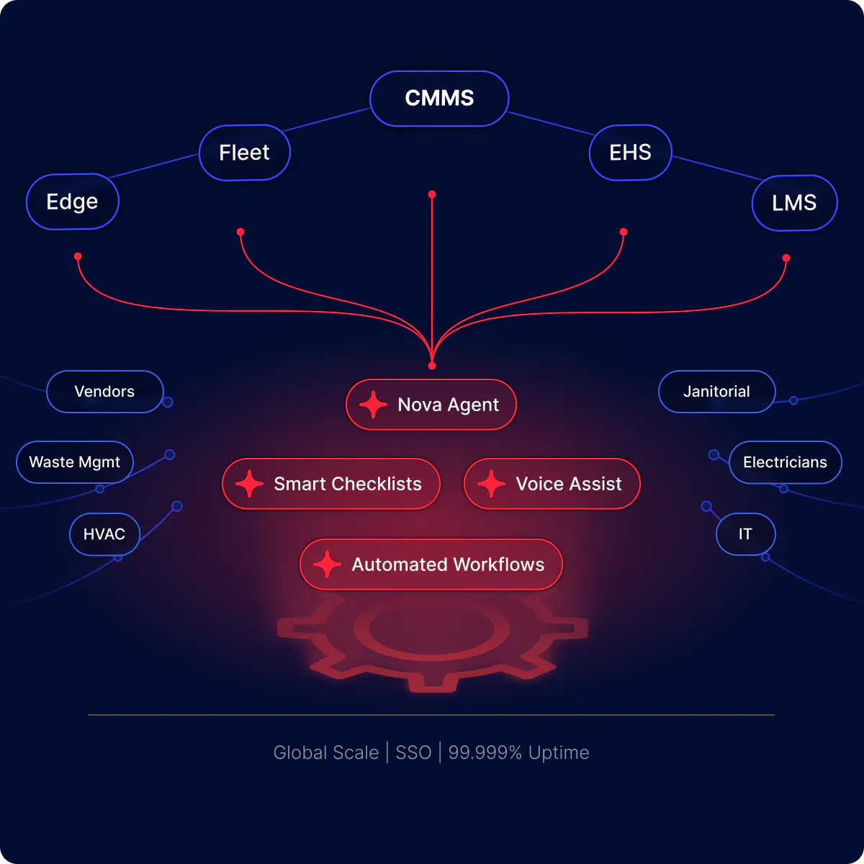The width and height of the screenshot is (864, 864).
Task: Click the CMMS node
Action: coord(439,98)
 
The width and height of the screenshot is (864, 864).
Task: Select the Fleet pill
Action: coord(244,153)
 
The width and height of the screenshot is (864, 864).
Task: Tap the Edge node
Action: coord(72,202)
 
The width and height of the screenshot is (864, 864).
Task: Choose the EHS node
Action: coord(630,153)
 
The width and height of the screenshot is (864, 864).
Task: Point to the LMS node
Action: coord(794,203)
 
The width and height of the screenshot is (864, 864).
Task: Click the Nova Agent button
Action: coord(431,405)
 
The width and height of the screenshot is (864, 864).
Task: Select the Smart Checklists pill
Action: coord(331,484)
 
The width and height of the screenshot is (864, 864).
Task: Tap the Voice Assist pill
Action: coord(552,484)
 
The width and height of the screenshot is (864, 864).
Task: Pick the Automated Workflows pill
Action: coord(431,564)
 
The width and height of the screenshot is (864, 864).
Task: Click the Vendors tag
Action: coord(104,392)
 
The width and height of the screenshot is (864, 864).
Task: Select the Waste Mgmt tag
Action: coord(75,462)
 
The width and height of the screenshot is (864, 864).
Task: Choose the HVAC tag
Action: coord(104,534)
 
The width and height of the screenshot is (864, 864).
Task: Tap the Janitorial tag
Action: coord(716,392)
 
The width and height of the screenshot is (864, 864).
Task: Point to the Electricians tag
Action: coord(785,462)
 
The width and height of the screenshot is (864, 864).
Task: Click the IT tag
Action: coord(745,534)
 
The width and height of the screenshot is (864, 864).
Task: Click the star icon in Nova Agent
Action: coord(373,405)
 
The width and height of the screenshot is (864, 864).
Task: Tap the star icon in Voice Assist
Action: coord(491,484)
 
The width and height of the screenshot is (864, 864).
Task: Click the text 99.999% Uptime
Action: coord(518,752)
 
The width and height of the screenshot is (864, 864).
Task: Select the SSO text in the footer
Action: coord(413,752)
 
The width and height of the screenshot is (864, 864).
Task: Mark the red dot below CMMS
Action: coord(432,194)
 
